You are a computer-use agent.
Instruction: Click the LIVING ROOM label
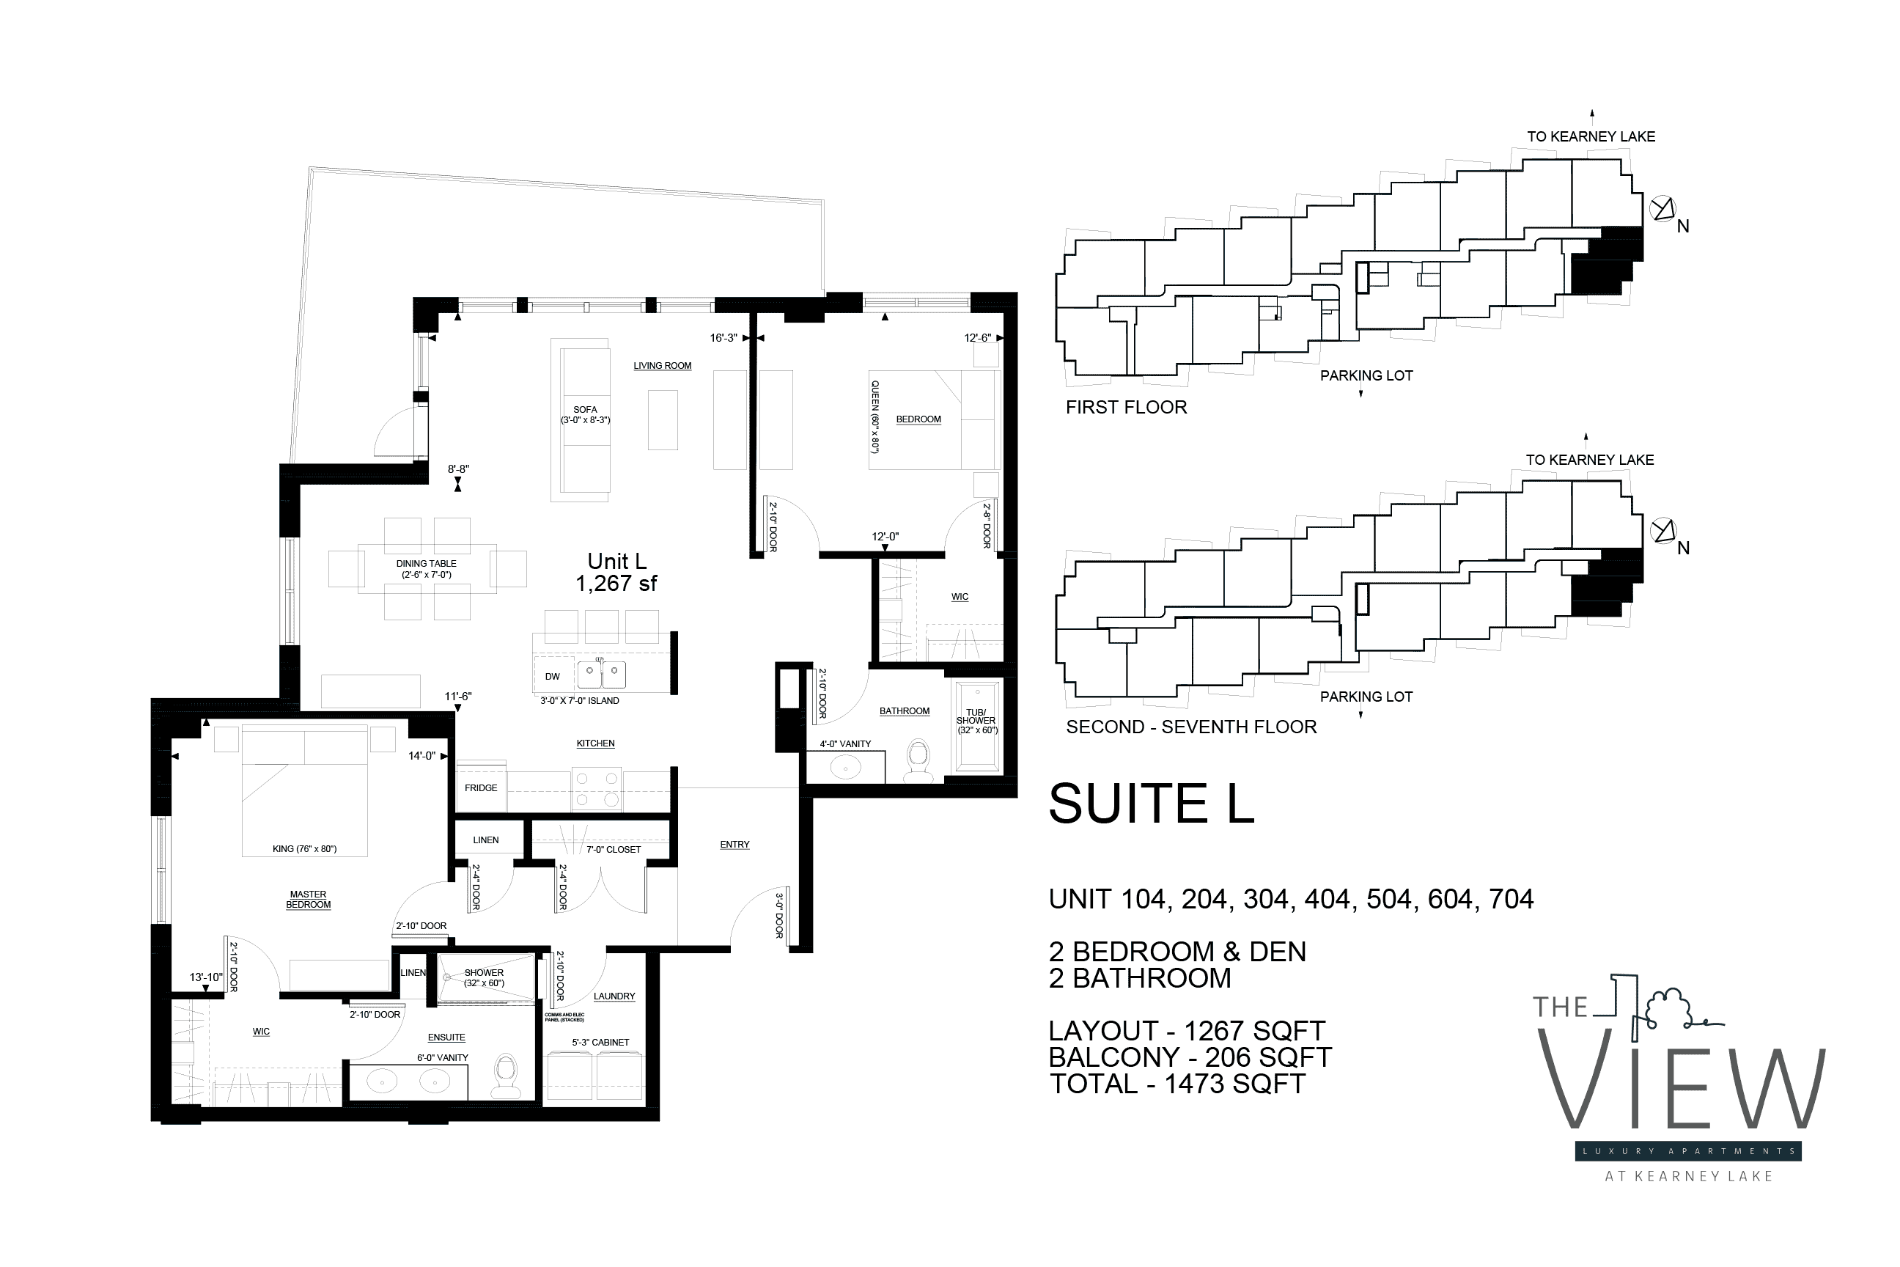coord(663,366)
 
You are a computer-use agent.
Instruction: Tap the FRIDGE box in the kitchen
coord(481,787)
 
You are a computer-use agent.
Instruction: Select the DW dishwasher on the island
coord(553,676)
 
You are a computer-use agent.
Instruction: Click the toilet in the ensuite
coord(507,1076)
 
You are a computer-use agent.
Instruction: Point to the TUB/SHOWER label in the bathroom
coord(976,721)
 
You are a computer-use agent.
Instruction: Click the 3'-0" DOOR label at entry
coord(779,915)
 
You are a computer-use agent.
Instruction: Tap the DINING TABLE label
coord(426,569)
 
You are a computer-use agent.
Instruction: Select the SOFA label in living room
coord(585,414)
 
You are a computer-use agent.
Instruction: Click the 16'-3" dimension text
coord(723,338)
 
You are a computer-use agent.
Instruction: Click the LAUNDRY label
coord(614,996)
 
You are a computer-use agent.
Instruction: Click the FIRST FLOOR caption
coord(1126,407)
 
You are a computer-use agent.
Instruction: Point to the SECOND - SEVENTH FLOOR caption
coord(1190,727)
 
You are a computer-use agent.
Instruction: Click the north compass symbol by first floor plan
coord(1662,209)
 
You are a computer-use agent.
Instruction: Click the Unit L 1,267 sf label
coord(616,572)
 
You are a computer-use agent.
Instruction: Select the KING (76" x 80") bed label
coord(304,848)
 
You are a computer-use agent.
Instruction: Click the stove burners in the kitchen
coord(596,790)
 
